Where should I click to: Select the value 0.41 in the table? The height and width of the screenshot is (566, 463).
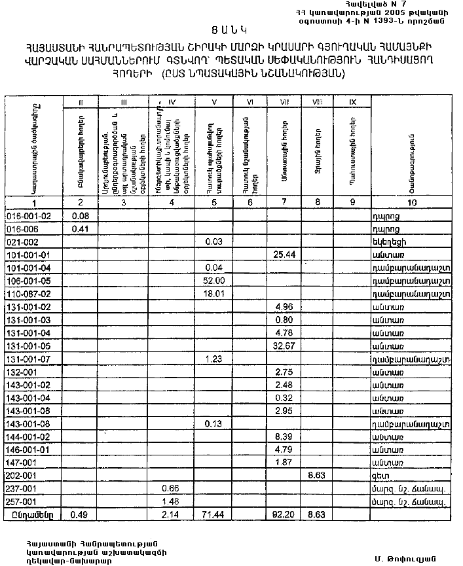pos(81,228)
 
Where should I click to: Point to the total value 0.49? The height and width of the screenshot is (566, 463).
pos(81,514)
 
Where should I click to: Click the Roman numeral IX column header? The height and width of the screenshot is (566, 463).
pos(352,102)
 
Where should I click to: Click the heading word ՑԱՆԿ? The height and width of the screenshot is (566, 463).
pos(231,30)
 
